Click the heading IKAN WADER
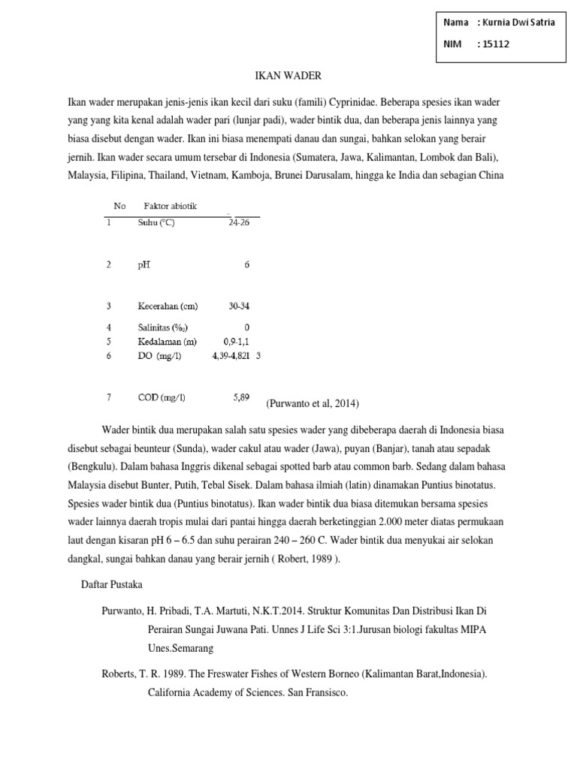(288, 75)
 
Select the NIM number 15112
(496, 44)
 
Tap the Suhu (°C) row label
(156, 223)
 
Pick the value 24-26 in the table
(239, 223)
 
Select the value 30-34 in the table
(239, 306)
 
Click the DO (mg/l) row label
(159, 356)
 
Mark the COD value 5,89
(240, 397)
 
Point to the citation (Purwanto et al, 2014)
(313, 403)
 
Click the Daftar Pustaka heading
(113, 584)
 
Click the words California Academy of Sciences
(210, 693)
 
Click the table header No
(119, 206)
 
